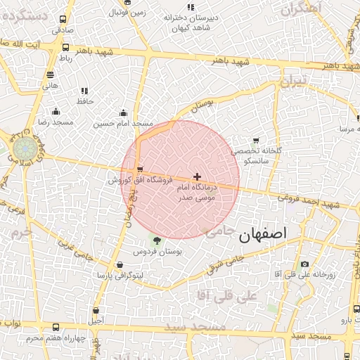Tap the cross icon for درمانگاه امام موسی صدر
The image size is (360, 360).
pos(197,176)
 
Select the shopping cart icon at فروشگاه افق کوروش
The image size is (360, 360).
pos(141,169)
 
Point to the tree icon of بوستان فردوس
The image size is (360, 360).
pos(157,240)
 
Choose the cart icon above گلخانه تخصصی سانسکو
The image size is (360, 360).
pos(255,141)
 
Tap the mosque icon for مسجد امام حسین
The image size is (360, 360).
pos(124,112)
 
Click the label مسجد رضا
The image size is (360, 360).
pos(56,122)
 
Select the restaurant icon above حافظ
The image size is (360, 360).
pos(84,91)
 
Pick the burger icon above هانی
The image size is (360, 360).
pos(49,75)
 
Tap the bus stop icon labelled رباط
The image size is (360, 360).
pos(65,48)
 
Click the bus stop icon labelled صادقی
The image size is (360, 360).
pos(63,20)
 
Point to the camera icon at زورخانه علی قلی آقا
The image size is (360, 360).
pos(304,264)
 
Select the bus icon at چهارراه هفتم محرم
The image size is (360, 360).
pos(56,328)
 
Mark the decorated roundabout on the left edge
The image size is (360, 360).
pos(26,150)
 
